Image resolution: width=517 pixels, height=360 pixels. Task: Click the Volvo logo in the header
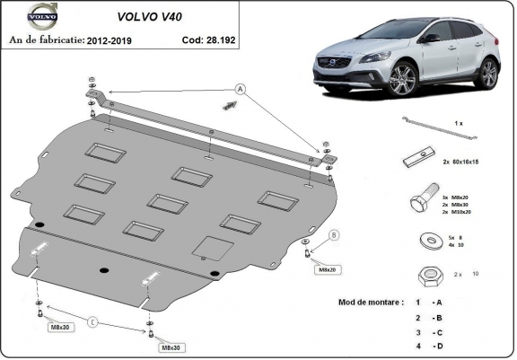point(40,16)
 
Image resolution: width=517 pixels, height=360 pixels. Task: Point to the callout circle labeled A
point(240,88)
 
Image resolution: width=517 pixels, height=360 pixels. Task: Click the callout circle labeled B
point(334,236)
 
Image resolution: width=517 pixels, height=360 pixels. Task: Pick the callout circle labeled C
point(92,321)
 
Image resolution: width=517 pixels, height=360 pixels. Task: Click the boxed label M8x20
point(324,268)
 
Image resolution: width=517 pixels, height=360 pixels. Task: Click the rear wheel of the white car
point(487,74)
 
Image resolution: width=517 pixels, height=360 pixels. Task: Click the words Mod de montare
point(372,302)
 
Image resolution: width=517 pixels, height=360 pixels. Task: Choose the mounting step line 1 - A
point(427,303)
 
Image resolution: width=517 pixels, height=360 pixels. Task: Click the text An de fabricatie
point(46,41)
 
